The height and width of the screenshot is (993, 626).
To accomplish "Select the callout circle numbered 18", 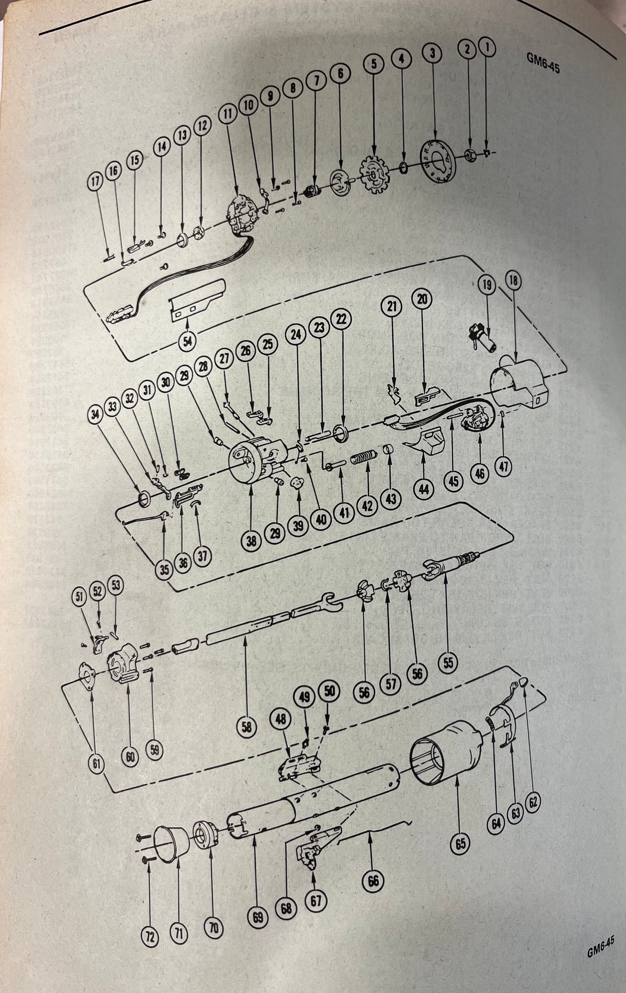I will [513, 281].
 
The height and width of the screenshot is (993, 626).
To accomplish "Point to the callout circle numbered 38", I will [252, 541].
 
